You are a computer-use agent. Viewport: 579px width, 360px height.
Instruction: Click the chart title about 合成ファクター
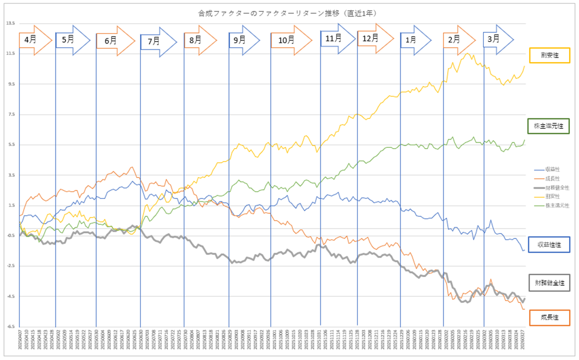[x=288, y=14]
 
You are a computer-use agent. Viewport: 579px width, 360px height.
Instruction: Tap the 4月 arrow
[x=33, y=40]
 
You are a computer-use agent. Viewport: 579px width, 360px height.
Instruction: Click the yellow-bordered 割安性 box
[x=549, y=55]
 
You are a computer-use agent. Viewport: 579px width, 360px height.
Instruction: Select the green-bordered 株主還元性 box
[x=548, y=126]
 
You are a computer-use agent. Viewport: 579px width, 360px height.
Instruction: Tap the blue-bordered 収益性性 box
[x=549, y=245]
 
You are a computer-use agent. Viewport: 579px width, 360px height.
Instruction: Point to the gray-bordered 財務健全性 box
[x=549, y=283]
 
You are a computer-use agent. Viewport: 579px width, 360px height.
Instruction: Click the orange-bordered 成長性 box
[x=549, y=317]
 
